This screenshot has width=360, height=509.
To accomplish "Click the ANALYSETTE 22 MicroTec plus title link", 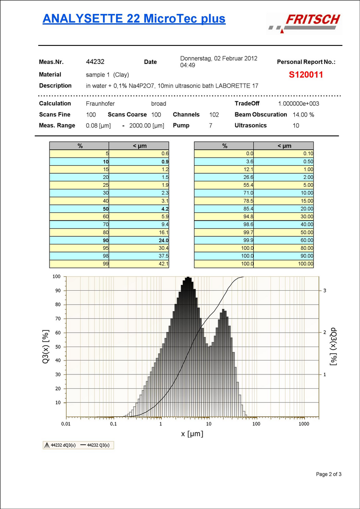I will pos(134,18).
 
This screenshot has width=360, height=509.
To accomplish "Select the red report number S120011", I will pos(306,75).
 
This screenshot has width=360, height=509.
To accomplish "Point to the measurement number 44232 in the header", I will pos(95,62).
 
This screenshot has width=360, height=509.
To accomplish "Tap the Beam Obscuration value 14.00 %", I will pos(303,115).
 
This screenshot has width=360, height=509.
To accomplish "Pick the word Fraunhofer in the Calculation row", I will pos(100,104).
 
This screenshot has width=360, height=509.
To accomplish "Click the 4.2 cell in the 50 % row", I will pos(164,209).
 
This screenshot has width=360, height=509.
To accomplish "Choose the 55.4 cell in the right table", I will pos(248,185).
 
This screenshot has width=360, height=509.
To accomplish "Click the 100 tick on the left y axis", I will pos(57,276).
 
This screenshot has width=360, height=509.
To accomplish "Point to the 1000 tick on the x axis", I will pos(304,424).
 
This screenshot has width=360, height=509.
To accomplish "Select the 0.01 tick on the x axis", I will pos(66,424).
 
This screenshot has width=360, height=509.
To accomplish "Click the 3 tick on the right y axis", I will pos(324,291).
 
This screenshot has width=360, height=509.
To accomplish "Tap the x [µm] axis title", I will pos(192,434).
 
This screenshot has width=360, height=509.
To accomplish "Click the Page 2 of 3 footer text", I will pos(329,474).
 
